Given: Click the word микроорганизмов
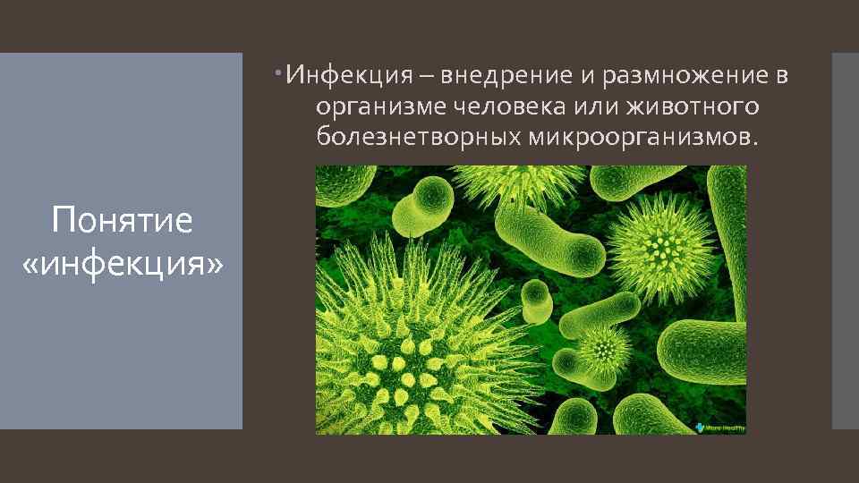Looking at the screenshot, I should point(642,138).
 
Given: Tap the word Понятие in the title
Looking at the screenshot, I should point(122,219).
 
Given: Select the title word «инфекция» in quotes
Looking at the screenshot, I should point(122,264).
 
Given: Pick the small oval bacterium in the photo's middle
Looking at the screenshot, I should point(537,300).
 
